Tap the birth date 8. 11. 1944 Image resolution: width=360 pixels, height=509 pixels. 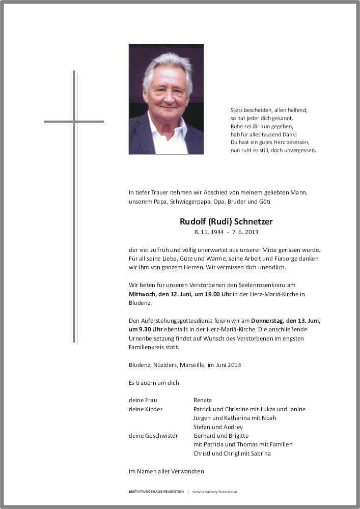coord(210,233)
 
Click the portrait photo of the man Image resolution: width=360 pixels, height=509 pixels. coord(166,99)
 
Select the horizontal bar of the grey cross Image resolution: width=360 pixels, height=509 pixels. coord(74,122)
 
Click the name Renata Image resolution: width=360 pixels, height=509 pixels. coord(203,400)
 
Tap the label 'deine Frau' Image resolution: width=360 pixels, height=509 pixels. coord(143,400)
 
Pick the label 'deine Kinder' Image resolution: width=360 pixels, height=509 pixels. coord(145,409)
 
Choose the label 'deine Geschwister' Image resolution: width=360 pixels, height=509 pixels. coord(153,436)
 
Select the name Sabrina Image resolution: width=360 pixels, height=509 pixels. coord(260,454)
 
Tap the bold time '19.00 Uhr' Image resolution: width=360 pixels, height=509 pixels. coord(210,294)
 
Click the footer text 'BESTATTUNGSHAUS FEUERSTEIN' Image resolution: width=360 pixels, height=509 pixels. coord(156,492)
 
